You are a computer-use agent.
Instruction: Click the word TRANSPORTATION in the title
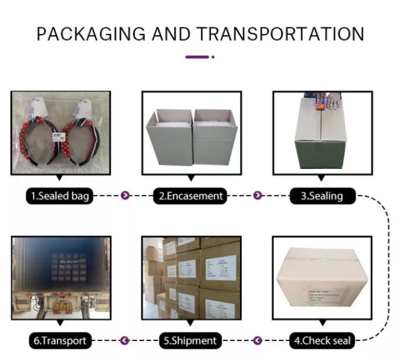(x=280, y=34)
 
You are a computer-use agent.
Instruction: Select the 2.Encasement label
(x=191, y=196)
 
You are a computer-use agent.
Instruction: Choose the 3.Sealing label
(x=322, y=195)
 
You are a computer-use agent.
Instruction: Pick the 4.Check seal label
(x=322, y=341)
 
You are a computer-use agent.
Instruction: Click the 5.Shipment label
(x=190, y=341)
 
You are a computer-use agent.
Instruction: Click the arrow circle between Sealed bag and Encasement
(x=126, y=195)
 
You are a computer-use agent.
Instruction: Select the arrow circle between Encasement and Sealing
(x=258, y=195)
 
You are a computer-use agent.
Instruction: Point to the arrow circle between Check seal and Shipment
(x=257, y=341)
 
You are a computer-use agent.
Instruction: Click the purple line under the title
(x=196, y=56)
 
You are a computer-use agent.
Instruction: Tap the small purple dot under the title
(x=213, y=56)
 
